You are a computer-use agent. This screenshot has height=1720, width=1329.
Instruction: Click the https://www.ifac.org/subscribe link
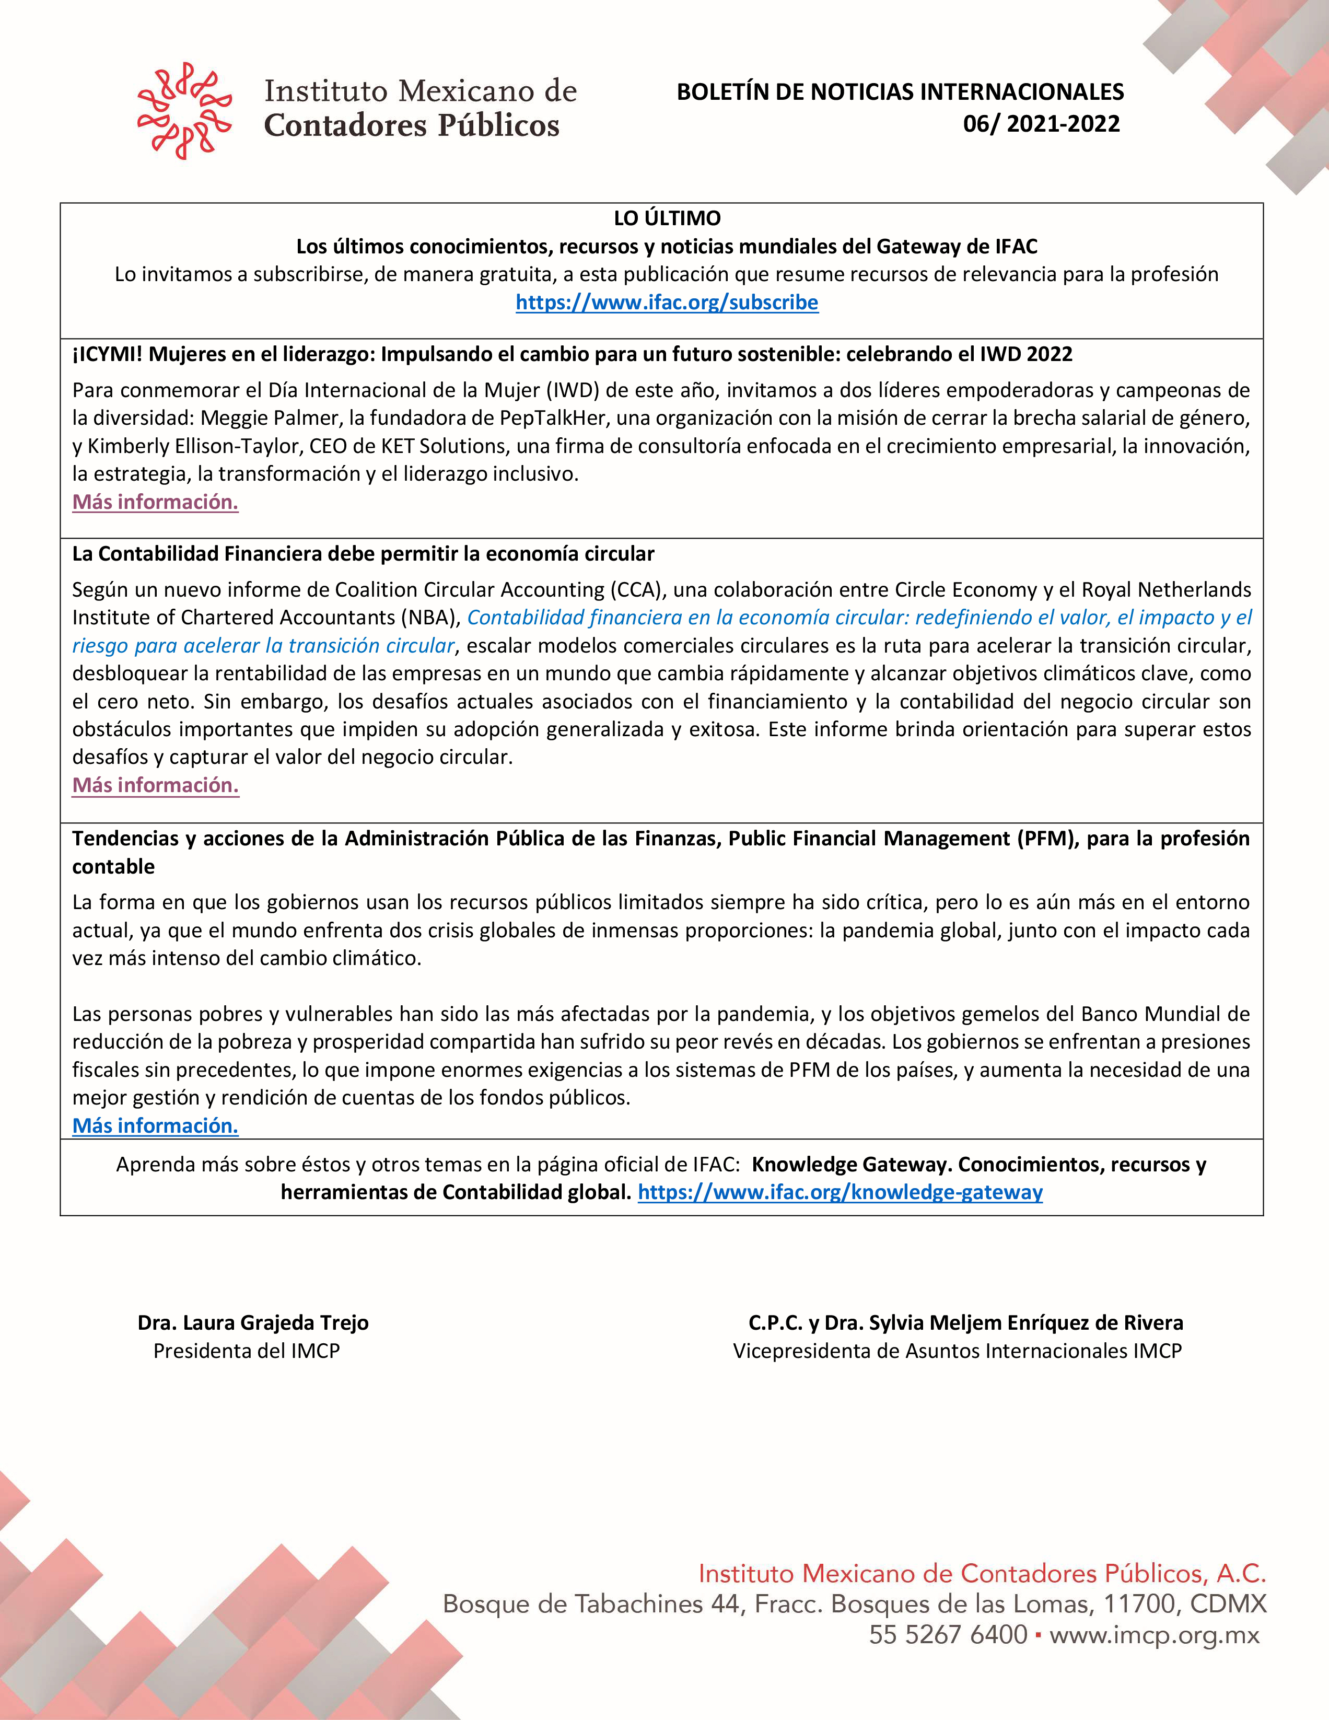point(667,303)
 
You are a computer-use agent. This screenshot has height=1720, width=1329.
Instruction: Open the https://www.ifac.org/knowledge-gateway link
point(840,1192)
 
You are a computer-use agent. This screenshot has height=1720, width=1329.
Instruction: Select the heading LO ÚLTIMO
point(667,218)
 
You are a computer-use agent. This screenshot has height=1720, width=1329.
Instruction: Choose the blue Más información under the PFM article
point(155,1125)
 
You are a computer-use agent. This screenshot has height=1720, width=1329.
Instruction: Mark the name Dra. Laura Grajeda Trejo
point(253,1322)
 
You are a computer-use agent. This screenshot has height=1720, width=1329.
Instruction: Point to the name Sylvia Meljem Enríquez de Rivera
point(1026,1322)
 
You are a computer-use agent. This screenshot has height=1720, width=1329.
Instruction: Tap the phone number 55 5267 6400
point(948,1634)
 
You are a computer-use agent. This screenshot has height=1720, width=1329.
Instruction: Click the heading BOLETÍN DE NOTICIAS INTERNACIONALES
point(900,92)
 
